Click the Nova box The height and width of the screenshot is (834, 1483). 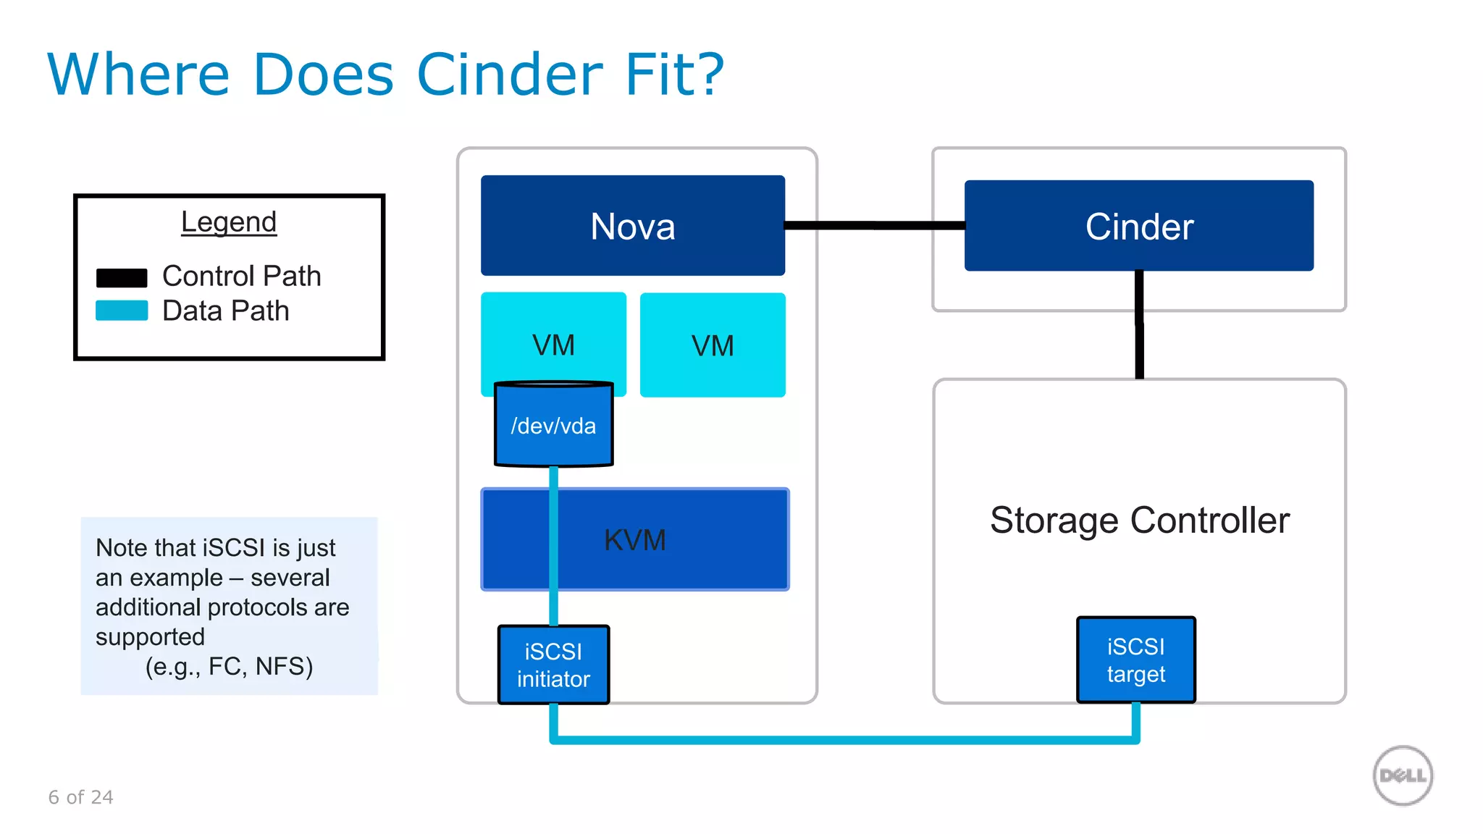pos(632,226)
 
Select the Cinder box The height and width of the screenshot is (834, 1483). pos(1138,226)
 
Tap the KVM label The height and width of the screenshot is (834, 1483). pos(634,540)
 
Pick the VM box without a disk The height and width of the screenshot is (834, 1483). pos(713,345)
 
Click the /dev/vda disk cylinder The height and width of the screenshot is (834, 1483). pos(553,425)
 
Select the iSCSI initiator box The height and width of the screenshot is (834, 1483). pos(553,665)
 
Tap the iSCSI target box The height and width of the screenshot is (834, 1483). pos(1135,660)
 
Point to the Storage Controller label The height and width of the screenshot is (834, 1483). pos(1139,520)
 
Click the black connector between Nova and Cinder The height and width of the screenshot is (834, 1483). pos(874,225)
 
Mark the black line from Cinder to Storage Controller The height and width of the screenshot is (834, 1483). pos(1139,326)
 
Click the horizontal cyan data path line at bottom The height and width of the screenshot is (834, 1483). pos(844,740)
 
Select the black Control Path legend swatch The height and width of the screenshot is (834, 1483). pos(122,278)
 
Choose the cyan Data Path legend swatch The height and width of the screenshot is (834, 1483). pos(122,311)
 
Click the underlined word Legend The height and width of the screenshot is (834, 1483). pos(229,222)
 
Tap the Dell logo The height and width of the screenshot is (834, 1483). pos(1403,775)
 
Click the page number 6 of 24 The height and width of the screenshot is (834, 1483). pos(80,797)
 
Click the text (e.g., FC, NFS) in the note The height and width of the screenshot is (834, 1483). pos(229,666)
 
